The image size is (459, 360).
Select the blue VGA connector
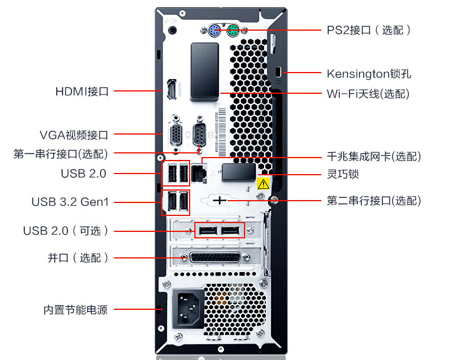pos(176,133)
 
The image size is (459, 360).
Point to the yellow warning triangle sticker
pos(264,184)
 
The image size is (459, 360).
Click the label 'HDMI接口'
pos(82,91)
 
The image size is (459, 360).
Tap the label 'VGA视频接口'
pos(74,135)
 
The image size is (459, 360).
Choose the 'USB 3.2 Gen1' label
pos(70,202)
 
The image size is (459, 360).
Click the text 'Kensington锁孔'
pos(369,74)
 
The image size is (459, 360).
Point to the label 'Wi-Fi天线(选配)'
pos(367,94)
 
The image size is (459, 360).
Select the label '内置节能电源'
pos(76,309)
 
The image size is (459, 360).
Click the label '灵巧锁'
pos(343,174)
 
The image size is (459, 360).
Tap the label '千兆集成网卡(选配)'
pos(374,156)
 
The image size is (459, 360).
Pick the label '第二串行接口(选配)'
pos(374,201)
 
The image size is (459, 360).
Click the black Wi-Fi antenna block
pos(204,67)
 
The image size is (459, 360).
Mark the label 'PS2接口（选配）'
pos(369,30)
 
